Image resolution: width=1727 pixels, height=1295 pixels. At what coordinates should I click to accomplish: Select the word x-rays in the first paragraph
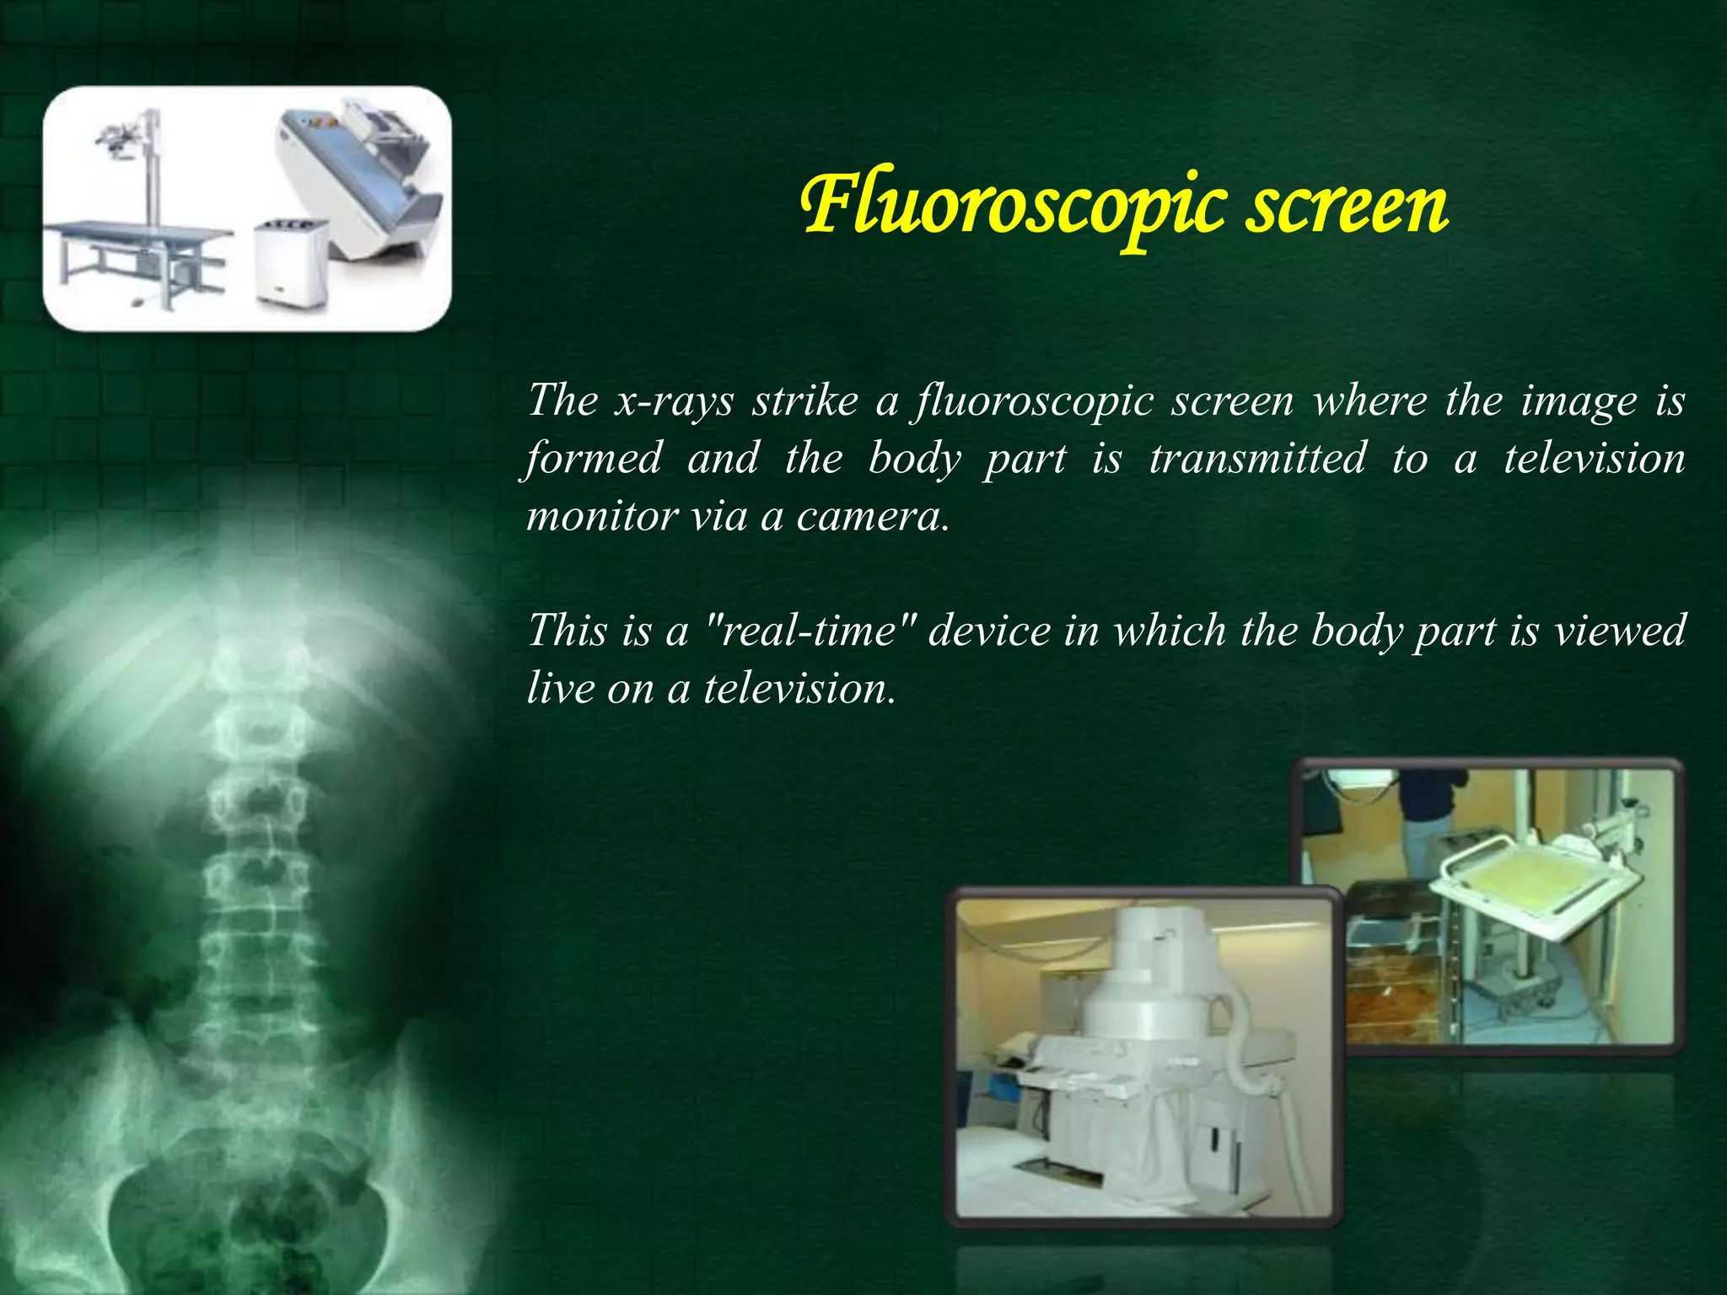674,400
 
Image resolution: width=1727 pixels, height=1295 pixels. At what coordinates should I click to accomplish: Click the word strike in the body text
805,400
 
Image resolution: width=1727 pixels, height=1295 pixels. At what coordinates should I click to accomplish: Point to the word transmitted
1257,459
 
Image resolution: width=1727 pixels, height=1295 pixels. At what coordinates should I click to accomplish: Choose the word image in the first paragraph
1578,400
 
